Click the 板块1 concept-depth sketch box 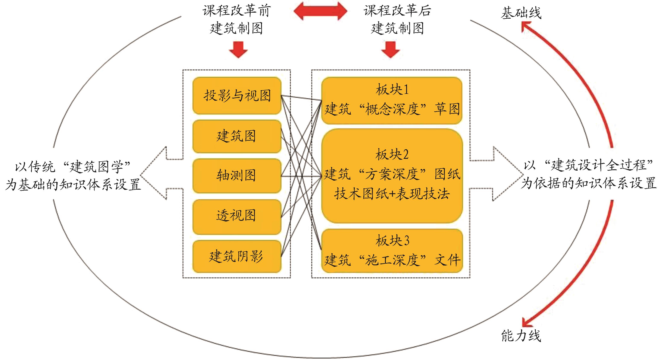pos(392,100)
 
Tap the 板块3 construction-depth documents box pos(392,251)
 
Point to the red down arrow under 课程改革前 pos(238,50)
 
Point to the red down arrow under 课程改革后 pos(390,50)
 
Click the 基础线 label pos(521,13)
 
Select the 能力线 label pos(521,336)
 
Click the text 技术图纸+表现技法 pos(392,194)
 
